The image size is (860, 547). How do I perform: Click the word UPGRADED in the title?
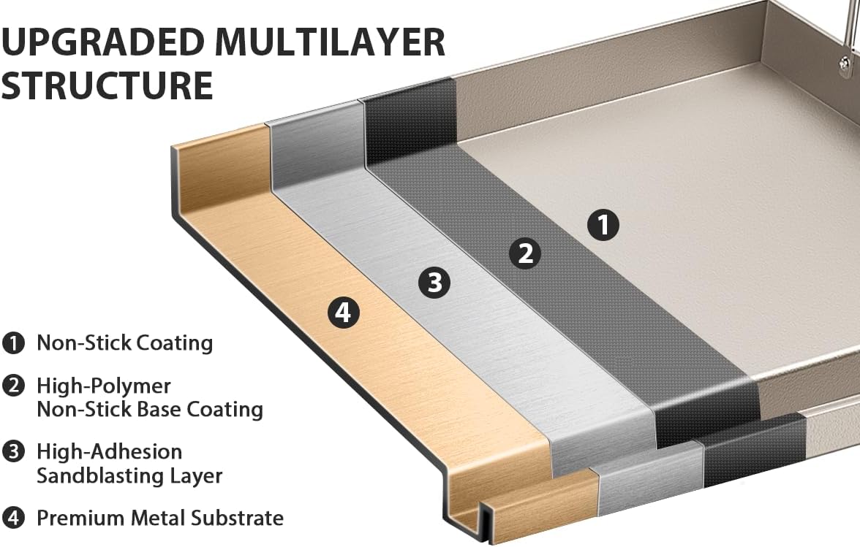(102, 42)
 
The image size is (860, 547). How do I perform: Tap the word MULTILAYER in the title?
(329, 42)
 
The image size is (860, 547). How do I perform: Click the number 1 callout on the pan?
(603, 224)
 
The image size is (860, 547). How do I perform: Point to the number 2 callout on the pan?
(525, 253)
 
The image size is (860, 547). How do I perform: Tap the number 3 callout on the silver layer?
(434, 283)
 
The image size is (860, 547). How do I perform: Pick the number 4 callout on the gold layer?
(344, 313)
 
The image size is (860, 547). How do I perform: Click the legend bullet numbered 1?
(14, 343)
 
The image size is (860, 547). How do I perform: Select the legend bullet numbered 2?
(14, 386)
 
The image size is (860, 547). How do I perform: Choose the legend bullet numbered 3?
(14, 452)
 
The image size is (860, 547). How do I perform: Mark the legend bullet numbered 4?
(14, 518)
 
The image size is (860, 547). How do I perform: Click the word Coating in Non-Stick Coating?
(174, 343)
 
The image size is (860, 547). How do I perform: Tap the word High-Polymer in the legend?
(104, 386)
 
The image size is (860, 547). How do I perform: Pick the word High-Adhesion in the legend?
(109, 452)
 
